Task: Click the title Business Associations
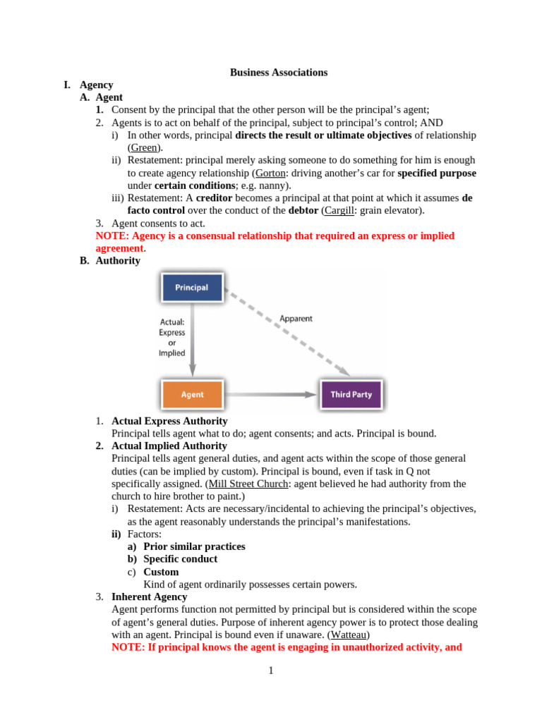[x=279, y=72]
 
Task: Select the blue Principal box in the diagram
[x=192, y=288]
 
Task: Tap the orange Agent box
[x=192, y=395]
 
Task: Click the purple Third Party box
[x=351, y=395]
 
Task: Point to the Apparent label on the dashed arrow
[x=296, y=319]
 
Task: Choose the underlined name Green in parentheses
[x=145, y=147]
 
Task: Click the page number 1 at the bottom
[x=270, y=671]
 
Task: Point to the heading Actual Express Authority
[x=169, y=421]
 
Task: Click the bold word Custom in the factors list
[x=161, y=572]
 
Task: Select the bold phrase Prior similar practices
[x=194, y=546]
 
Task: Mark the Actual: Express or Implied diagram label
[x=171, y=338]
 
